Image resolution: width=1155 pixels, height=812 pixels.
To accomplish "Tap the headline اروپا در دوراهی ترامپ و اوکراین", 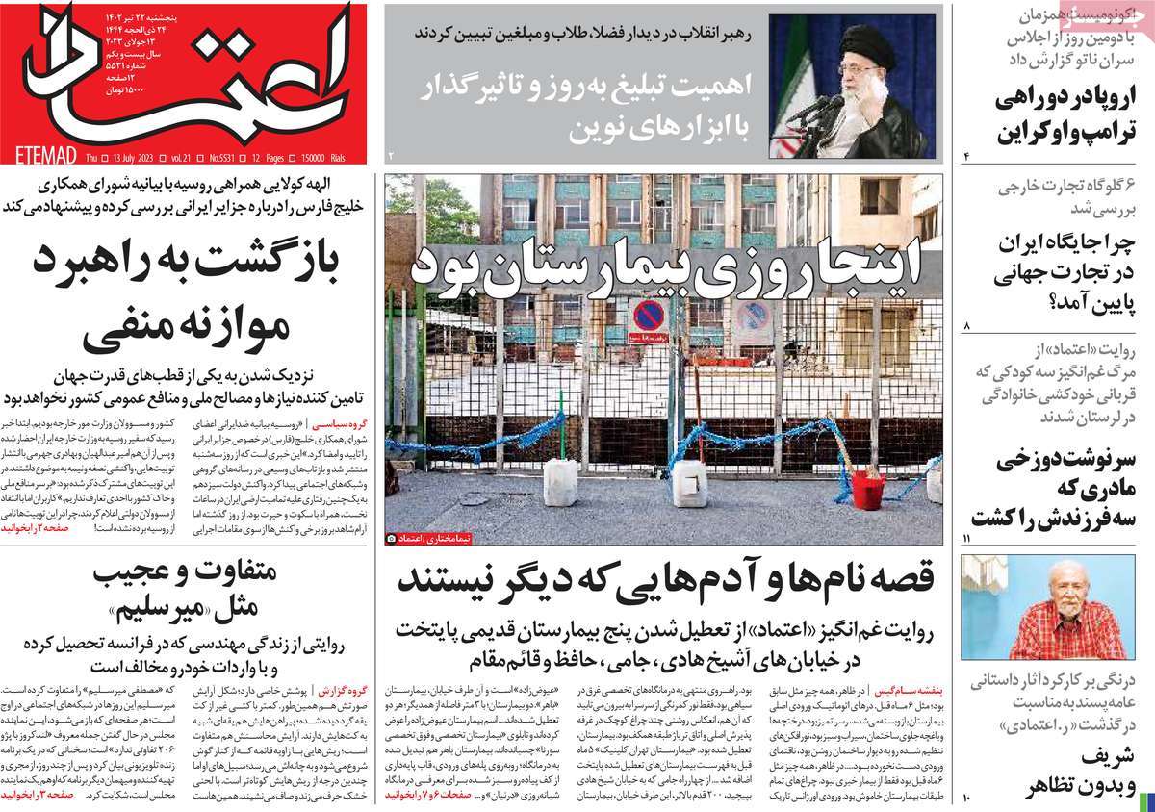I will point(1058,114).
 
